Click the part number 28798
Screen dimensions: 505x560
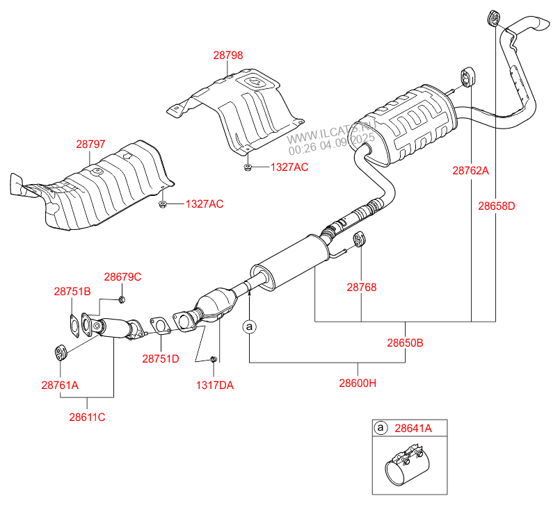(228, 56)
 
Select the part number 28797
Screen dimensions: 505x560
(90, 144)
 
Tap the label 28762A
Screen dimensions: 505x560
(471, 170)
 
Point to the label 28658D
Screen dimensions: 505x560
(497, 206)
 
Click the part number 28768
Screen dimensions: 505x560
(362, 286)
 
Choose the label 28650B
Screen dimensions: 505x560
(406, 342)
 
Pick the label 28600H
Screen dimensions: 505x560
(358, 383)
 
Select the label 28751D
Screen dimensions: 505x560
(161, 359)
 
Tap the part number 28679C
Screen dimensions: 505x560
(122, 276)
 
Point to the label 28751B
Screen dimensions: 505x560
(72, 292)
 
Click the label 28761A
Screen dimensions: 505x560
(60, 384)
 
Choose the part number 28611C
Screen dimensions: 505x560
(87, 417)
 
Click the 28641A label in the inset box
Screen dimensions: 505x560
(413, 429)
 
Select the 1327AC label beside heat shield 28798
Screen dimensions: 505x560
(289, 167)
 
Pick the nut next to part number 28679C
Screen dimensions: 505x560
(121, 299)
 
